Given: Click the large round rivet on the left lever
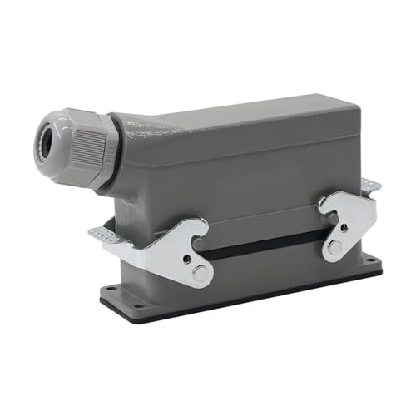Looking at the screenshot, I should [x=200, y=271].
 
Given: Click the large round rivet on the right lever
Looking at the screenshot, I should [x=334, y=247].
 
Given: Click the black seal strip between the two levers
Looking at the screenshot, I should [x=266, y=244].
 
